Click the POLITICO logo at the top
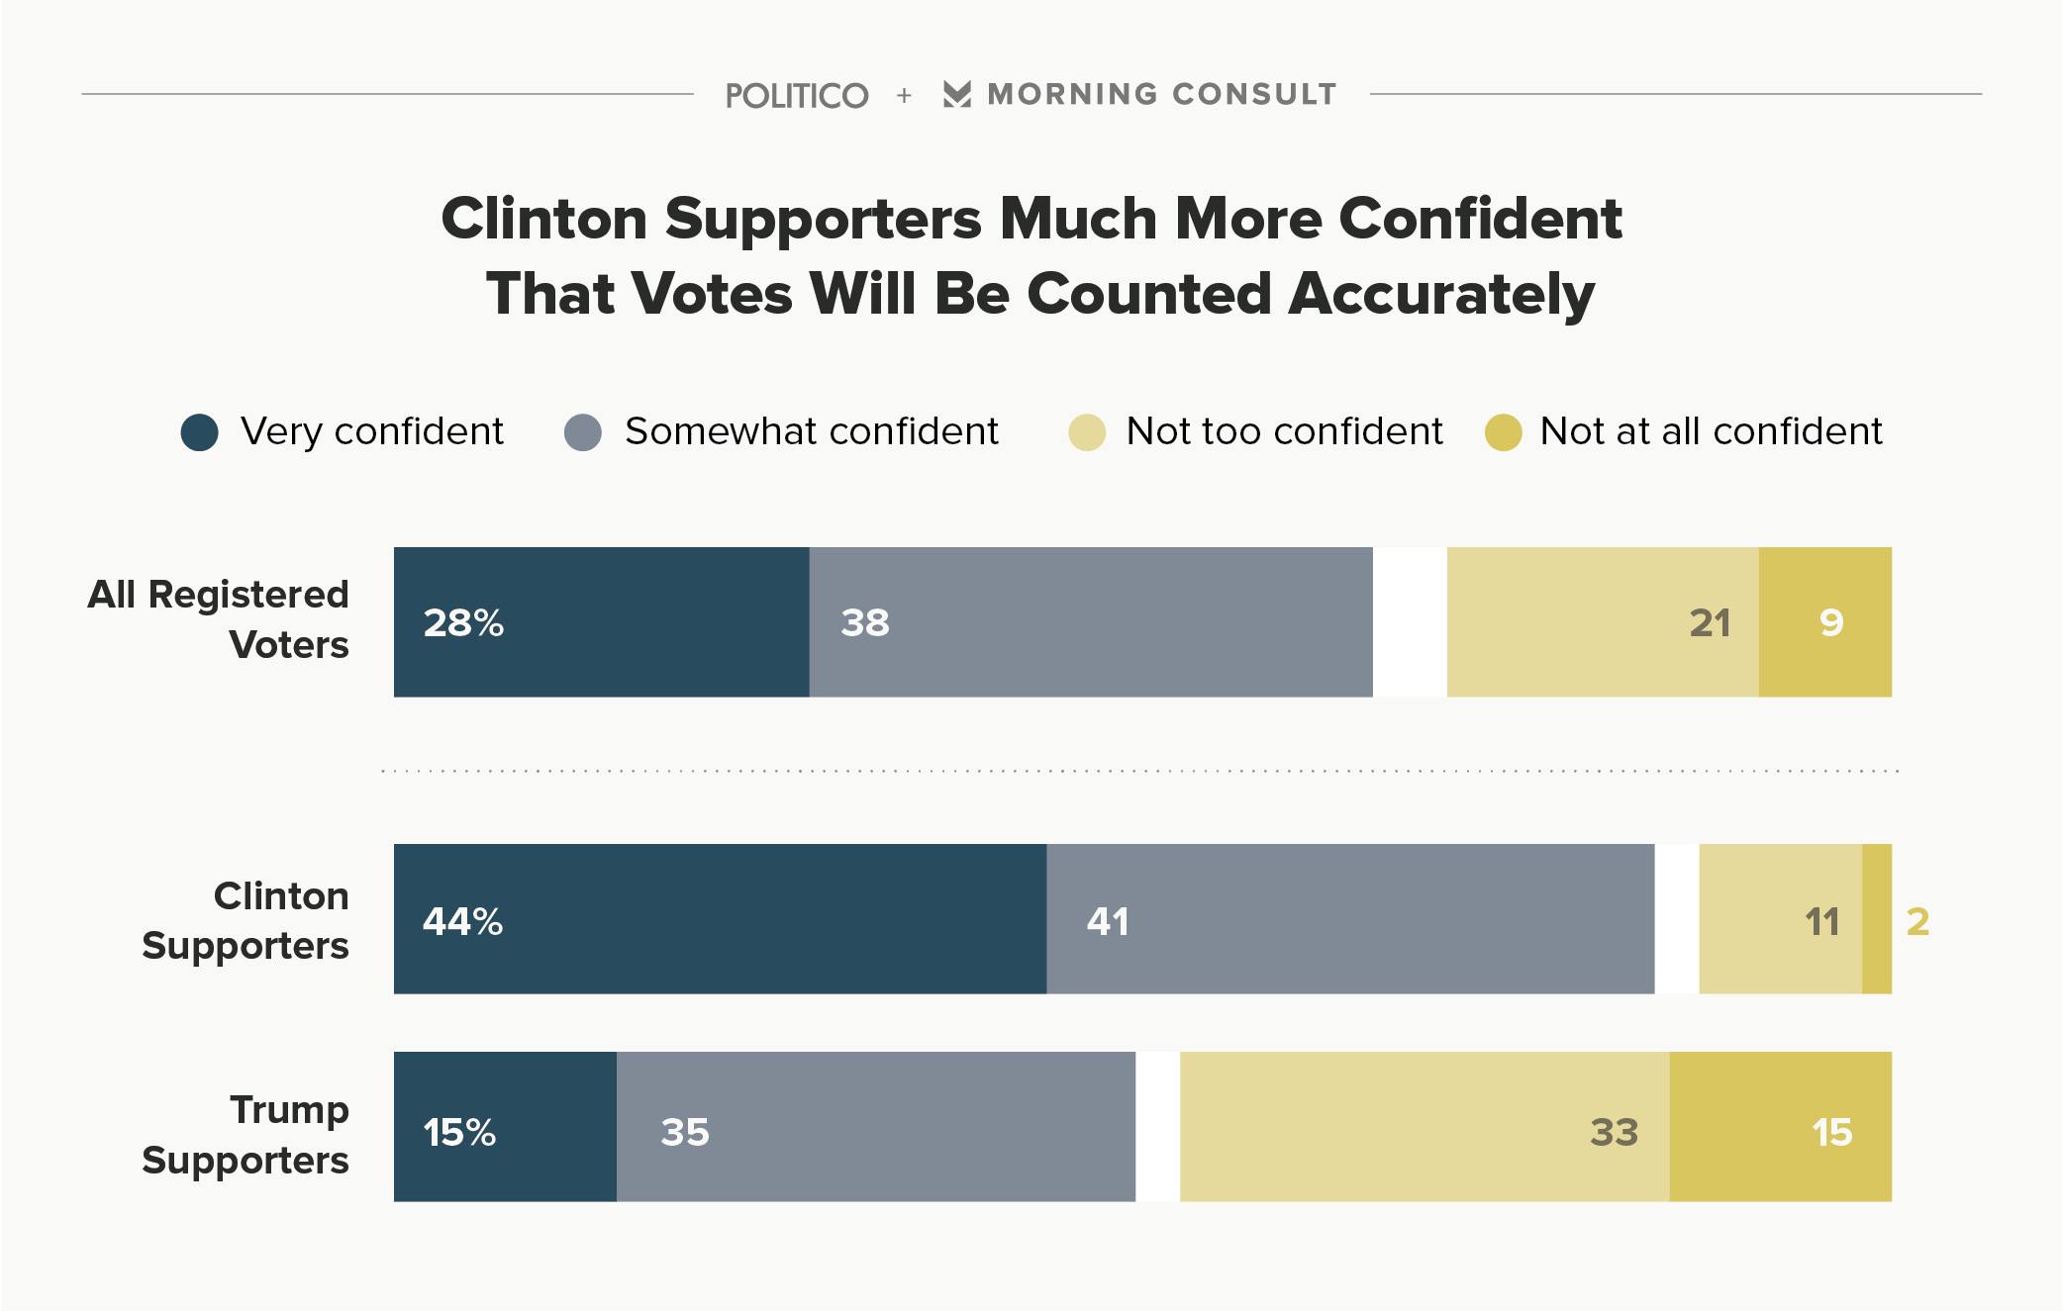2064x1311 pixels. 797,96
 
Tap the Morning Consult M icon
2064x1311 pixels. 956,94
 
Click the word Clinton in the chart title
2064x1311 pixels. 545,219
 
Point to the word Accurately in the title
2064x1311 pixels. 1441,295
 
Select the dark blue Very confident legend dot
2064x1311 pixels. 200,432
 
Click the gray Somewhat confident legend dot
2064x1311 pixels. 583,432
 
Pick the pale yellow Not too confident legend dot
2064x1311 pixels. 1087,432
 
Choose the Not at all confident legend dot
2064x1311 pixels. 1503,432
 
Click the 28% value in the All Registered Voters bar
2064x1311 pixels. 463,623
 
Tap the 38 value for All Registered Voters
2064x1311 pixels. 865,623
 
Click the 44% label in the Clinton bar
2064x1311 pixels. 462,922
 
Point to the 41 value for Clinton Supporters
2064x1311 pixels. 1108,922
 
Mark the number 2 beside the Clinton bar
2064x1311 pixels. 1917,922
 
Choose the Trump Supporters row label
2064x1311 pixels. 246,1135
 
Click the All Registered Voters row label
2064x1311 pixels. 219,619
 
